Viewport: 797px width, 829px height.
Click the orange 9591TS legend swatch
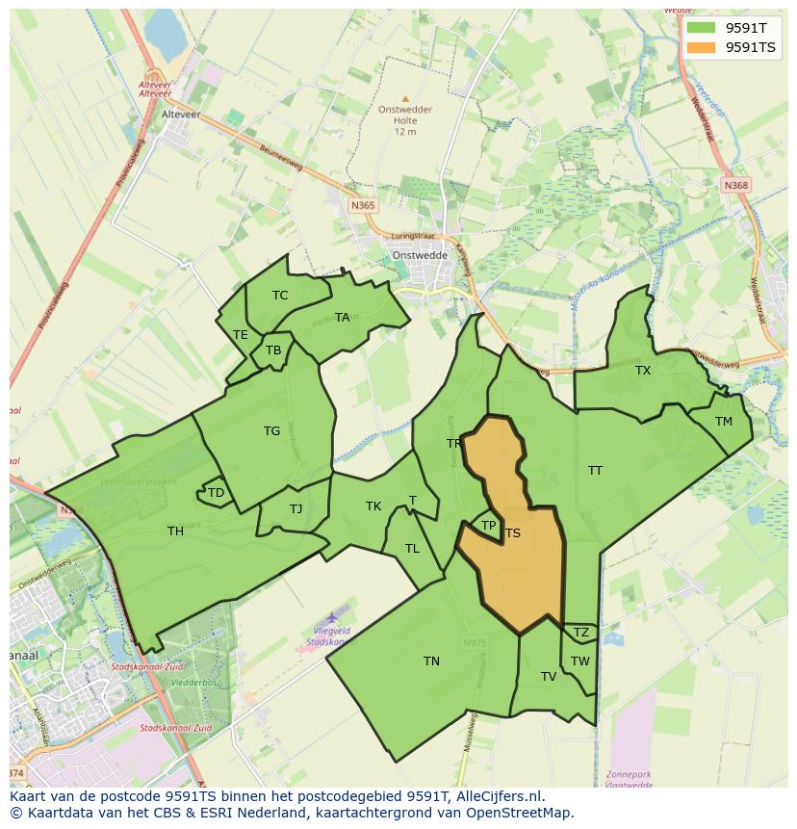pyautogui.click(x=702, y=47)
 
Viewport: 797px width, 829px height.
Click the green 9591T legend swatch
pyautogui.click(x=702, y=28)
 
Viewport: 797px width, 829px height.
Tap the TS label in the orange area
pyautogui.click(x=513, y=533)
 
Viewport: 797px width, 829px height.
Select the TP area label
pyautogui.click(x=488, y=526)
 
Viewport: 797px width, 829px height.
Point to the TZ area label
pyautogui.click(x=580, y=633)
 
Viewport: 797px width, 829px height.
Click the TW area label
pyautogui.click(x=579, y=661)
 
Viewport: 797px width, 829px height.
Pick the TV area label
pyautogui.click(x=549, y=677)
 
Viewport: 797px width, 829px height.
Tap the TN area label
pyautogui.click(x=431, y=661)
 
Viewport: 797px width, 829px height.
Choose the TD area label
pyautogui.click(x=216, y=493)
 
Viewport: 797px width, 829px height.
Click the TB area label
pyautogui.click(x=273, y=350)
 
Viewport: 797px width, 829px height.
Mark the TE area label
pyautogui.click(x=241, y=335)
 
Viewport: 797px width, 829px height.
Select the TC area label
pyautogui.click(x=280, y=296)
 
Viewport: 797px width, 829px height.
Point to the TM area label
pyautogui.click(x=724, y=422)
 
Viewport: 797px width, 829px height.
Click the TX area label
pyautogui.click(x=643, y=371)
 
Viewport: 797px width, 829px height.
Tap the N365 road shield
pyautogui.click(x=363, y=206)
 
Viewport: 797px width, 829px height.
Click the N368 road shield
pyautogui.click(x=736, y=185)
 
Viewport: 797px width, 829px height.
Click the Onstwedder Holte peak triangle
pyautogui.click(x=405, y=98)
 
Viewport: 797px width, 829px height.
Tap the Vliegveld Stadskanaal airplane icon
pyautogui.click(x=332, y=616)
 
